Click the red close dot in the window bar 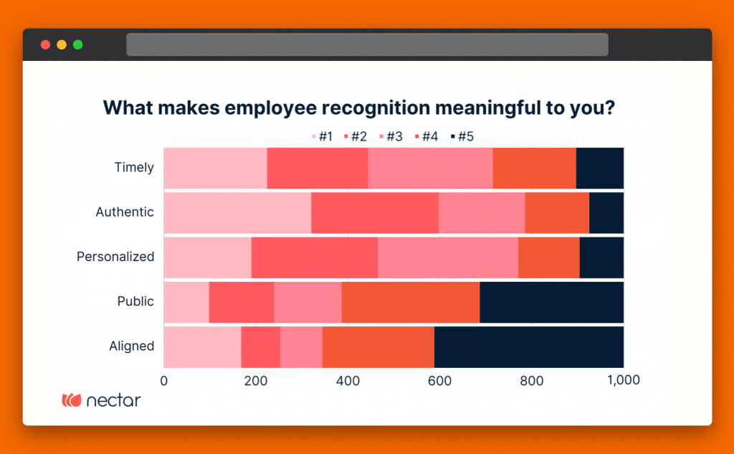45,44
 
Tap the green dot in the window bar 77,44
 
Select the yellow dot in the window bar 62,44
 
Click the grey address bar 367,44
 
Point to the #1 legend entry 322,136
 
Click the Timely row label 134,168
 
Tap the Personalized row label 115,257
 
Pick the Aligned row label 131,346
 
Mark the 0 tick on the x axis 164,380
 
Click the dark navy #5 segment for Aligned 529,346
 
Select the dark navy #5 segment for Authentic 606,212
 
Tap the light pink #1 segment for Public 186,302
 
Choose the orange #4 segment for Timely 534,168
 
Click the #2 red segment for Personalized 314,257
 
